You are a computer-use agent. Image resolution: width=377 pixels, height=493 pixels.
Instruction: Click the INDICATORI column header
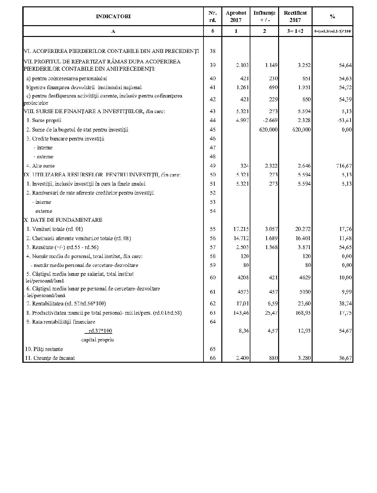click(x=113, y=16)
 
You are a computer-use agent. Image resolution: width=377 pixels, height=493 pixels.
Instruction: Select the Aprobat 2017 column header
click(x=236, y=16)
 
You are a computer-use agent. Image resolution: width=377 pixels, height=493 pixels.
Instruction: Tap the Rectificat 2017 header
click(x=295, y=16)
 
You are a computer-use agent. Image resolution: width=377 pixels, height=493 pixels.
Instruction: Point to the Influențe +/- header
click(x=264, y=16)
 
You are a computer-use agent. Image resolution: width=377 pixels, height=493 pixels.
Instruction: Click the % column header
click(x=332, y=16)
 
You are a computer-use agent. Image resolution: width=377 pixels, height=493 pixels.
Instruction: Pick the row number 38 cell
click(x=213, y=51)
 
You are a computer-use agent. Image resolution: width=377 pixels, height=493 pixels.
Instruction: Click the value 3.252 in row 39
click(x=304, y=65)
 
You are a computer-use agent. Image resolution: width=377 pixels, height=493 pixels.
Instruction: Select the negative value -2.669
click(x=270, y=120)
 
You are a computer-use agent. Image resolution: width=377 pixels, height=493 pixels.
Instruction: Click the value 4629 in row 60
click(x=305, y=277)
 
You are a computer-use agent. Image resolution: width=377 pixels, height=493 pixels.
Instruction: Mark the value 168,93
click(x=303, y=313)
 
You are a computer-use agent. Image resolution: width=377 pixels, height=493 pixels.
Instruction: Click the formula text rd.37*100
click(x=100, y=331)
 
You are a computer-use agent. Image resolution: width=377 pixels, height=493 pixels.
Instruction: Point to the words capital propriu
click(x=97, y=340)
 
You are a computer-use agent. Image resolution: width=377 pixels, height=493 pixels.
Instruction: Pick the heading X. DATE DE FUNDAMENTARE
click(x=63, y=220)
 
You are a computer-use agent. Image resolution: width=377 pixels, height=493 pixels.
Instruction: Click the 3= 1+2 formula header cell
click(x=295, y=31)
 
